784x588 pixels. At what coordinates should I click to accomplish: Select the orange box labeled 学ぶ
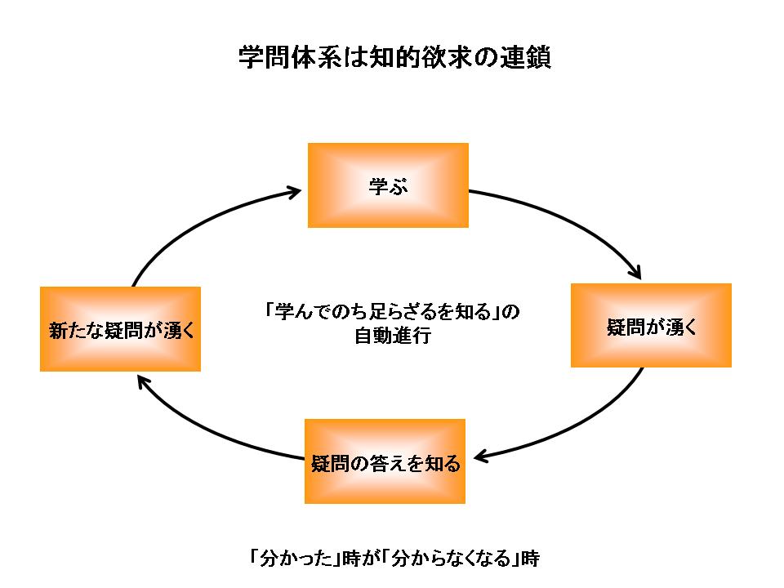pyautogui.click(x=388, y=185)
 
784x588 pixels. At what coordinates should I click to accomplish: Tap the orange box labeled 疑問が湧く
pyautogui.click(x=651, y=326)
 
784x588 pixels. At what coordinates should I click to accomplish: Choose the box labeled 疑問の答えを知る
pyautogui.click(x=385, y=462)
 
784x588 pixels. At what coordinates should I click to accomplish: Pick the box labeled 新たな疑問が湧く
pyautogui.click(x=121, y=329)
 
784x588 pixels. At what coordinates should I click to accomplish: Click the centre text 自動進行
pyautogui.click(x=392, y=336)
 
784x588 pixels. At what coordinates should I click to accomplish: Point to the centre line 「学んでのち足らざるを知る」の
pyautogui.click(x=392, y=312)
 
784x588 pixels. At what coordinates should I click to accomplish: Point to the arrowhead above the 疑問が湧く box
pyautogui.click(x=642, y=272)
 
